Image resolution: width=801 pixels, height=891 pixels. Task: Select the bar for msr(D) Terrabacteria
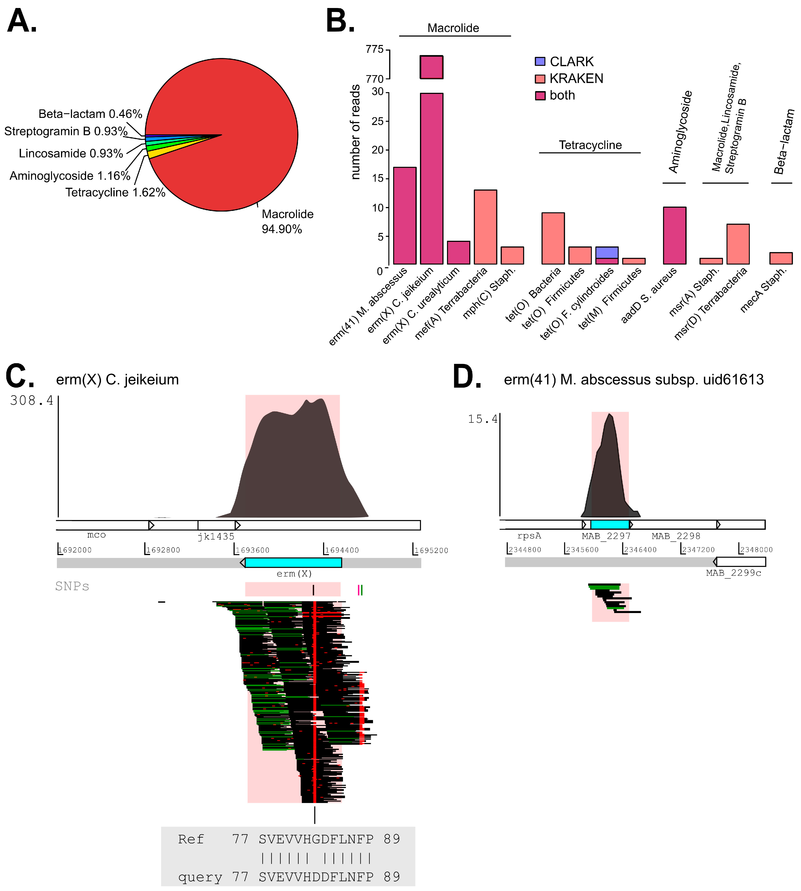(x=738, y=244)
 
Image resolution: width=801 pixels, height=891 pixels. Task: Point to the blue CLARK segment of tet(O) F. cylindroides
(x=606, y=252)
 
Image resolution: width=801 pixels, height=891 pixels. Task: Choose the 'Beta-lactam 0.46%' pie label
(x=90, y=114)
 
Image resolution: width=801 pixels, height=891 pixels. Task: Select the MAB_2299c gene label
(x=733, y=573)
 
